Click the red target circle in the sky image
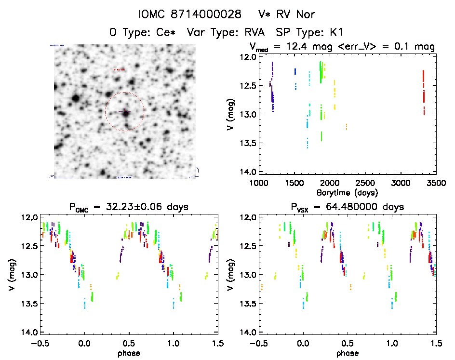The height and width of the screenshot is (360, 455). [124, 93]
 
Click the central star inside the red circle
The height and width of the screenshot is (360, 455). [126, 113]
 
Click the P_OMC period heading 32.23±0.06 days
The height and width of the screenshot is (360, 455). [129, 207]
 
